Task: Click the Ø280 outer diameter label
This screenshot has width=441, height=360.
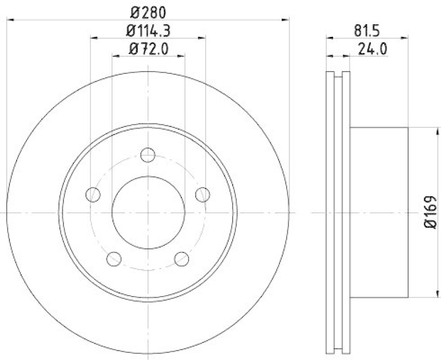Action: pos(148,11)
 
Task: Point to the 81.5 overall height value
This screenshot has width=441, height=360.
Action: pos(367,30)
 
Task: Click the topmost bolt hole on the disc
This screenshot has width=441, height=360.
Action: pos(147,155)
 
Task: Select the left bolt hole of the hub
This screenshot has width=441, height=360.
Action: pos(93,194)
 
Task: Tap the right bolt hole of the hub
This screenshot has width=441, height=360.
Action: pos(203,194)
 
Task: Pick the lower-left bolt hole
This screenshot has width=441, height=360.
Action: pos(114,259)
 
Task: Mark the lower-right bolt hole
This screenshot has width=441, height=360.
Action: pos(181,259)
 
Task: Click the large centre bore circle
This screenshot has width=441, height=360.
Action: pos(148,212)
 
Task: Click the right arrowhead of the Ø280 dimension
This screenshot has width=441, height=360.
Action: pos(286,20)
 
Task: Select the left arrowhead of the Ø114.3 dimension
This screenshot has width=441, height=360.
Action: pos(93,38)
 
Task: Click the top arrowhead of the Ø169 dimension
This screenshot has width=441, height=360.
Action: pos(424,131)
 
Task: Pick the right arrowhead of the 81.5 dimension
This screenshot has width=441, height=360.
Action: pos(405,38)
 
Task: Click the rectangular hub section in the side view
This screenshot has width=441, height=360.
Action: pos(379,212)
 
